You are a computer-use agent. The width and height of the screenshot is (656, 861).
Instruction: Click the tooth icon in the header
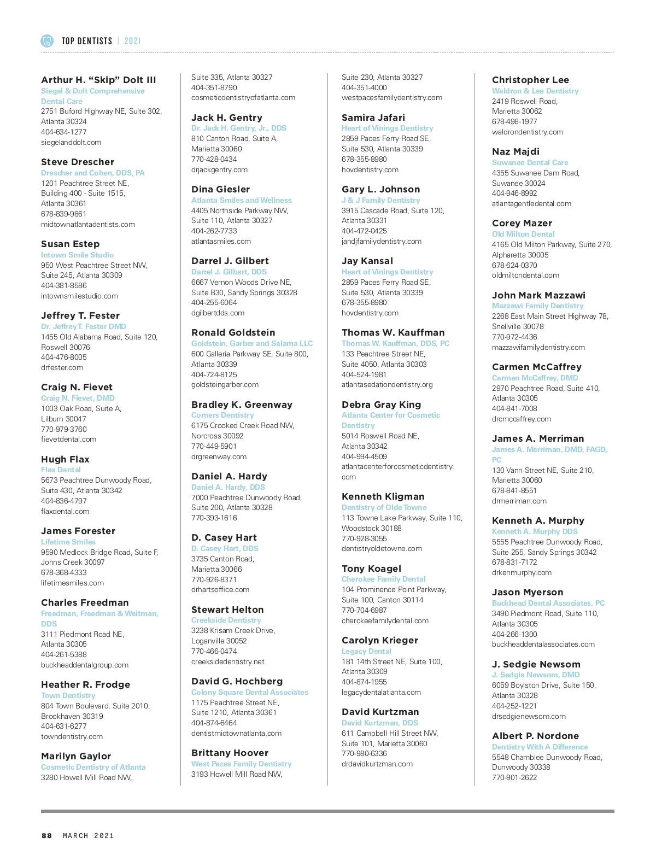[47, 40]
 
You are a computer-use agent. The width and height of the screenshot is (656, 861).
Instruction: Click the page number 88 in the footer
[47, 835]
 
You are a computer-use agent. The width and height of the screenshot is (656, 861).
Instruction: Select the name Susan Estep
[70, 244]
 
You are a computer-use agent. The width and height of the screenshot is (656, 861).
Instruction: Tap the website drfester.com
[62, 367]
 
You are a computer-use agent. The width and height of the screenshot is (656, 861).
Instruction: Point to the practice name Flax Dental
[61, 470]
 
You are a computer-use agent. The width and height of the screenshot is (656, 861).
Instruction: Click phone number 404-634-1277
[63, 132]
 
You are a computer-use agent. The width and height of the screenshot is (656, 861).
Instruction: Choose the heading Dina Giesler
[220, 189]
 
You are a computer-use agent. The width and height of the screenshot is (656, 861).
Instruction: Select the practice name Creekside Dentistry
[226, 620]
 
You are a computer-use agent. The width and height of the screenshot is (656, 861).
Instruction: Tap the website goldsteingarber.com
[225, 384]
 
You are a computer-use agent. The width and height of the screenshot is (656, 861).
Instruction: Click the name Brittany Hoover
[230, 753]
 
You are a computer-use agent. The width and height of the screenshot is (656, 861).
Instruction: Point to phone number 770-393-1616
[214, 518]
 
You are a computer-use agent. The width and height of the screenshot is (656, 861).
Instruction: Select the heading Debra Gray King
[381, 405]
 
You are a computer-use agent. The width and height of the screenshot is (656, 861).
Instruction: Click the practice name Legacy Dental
[366, 651]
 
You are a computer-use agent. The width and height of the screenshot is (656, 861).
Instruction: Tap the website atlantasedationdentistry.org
[387, 384]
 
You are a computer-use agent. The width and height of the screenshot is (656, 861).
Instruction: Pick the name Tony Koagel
[371, 569]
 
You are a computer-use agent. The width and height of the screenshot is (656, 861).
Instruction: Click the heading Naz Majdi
[516, 151]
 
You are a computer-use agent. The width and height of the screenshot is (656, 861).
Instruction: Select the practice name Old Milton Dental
[523, 234]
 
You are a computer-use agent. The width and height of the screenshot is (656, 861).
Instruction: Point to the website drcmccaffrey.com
[521, 419]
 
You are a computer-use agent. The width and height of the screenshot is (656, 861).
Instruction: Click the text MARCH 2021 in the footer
[89, 835]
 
